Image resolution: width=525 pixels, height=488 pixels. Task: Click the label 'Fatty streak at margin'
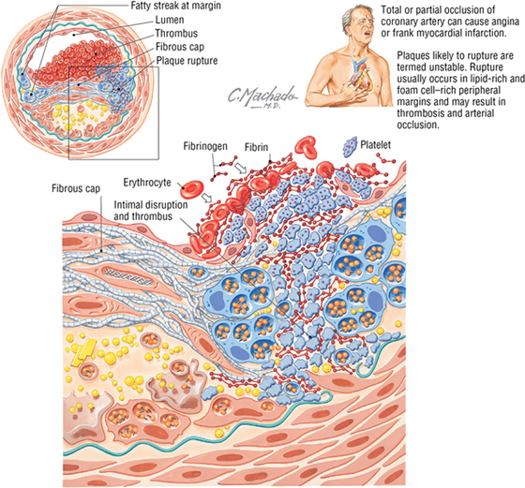coord(175,6)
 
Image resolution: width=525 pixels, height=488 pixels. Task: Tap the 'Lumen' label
coord(170,20)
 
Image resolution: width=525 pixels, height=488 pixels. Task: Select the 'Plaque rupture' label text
coord(187,61)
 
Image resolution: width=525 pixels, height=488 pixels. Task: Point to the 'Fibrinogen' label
coord(205,146)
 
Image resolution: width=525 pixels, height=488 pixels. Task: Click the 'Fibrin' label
coord(256,147)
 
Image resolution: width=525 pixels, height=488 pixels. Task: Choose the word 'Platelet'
coord(375,144)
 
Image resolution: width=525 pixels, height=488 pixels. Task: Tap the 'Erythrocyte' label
coord(147,183)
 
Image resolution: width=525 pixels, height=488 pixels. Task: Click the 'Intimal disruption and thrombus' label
coord(151,210)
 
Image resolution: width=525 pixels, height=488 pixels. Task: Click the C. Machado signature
coord(262,96)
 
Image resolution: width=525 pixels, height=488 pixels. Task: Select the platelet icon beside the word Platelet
coord(351,147)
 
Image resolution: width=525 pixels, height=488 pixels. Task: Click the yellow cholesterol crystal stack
coord(85,352)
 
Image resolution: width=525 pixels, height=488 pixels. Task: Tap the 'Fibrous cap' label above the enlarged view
coord(76,188)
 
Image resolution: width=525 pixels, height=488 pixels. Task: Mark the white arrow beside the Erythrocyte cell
coord(207,198)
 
